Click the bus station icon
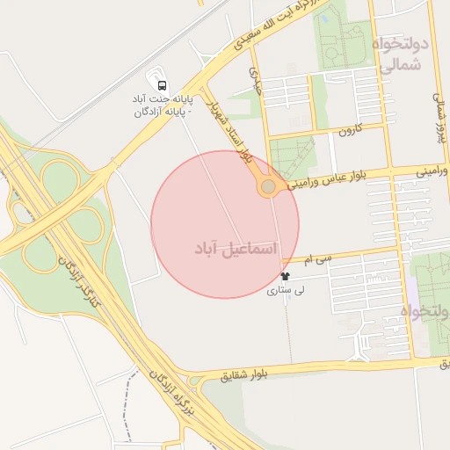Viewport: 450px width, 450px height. tap(162, 84)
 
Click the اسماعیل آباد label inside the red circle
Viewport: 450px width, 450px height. tap(235, 250)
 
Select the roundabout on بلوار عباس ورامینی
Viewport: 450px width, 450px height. tap(268, 187)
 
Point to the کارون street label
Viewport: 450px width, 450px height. tap(349, 133)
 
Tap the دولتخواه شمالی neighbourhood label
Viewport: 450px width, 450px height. tap(400, 53)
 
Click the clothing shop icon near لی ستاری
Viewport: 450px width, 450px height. tap(284, 276)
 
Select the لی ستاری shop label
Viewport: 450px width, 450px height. tap(284, 290)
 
